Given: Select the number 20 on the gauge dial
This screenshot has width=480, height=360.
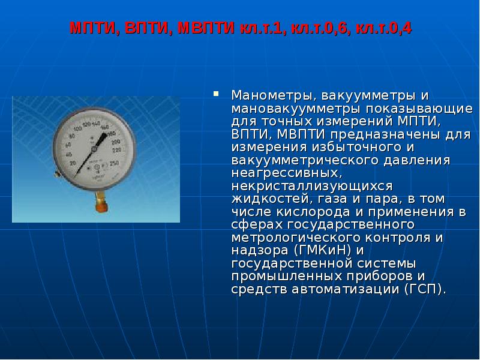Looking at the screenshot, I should (x=73, y=163).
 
